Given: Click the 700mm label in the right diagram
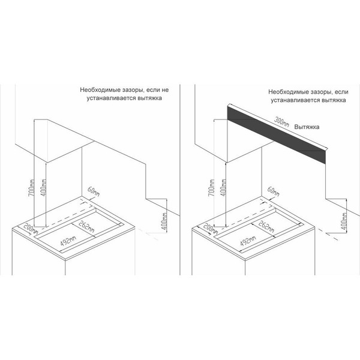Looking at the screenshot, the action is (x=211, y=188).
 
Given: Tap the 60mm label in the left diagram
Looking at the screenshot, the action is (x=94, y=192).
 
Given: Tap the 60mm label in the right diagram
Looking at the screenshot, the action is (x=274, y=192).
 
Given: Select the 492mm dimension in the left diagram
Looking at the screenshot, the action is (x=68, y=241).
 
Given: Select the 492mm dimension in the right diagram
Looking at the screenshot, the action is (x=248, y=241).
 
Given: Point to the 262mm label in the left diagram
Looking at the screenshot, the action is (x=86, y=226).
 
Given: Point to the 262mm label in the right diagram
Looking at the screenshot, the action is (x=266, y=226).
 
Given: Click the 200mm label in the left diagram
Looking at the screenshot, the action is (x=31, y=228).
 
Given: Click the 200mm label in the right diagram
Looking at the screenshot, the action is (x=211, y=228).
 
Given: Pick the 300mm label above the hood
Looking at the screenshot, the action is (x=282, y=122).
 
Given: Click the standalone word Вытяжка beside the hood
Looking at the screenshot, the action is (x=307, y=127).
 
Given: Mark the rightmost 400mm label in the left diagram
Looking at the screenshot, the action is (x=164, y=221).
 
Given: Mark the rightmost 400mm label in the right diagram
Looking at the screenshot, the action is (x=344, y=221).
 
